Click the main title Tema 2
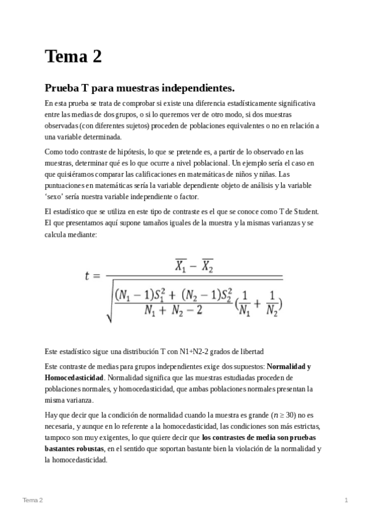point(73,57)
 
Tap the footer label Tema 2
point(33,500)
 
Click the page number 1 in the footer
point(347,500)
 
